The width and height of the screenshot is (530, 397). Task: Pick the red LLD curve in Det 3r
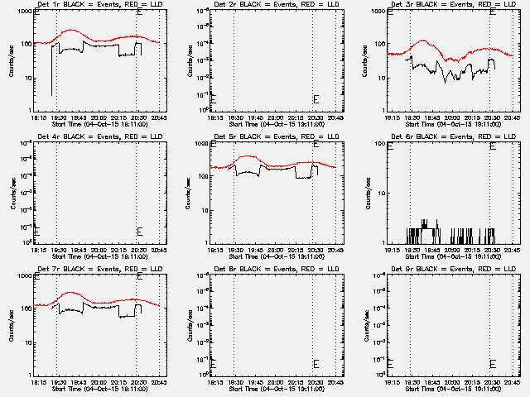pyautogui.click(x=423, y=41)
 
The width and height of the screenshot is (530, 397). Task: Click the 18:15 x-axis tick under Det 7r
pyautogui.click(x=39, y=383)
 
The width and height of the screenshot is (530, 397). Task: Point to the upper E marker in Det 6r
pyautogui.click(x=493, y=146)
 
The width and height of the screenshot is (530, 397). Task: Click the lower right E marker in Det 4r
pyautogui.click(x=139, y=231)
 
